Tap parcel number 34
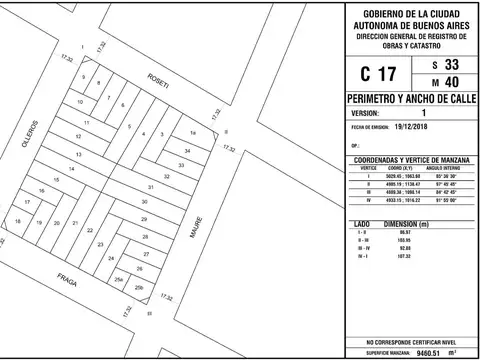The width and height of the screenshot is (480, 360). [x=187, y=150]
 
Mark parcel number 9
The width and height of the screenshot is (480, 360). [x=83, y=78]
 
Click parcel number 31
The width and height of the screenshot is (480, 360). [x=150, y=188]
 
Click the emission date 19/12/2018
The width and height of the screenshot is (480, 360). [x=413, y=128]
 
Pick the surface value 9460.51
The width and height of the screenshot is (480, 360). [x=427, y=352]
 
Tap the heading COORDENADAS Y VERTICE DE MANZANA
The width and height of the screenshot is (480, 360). [x=410, y=159]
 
